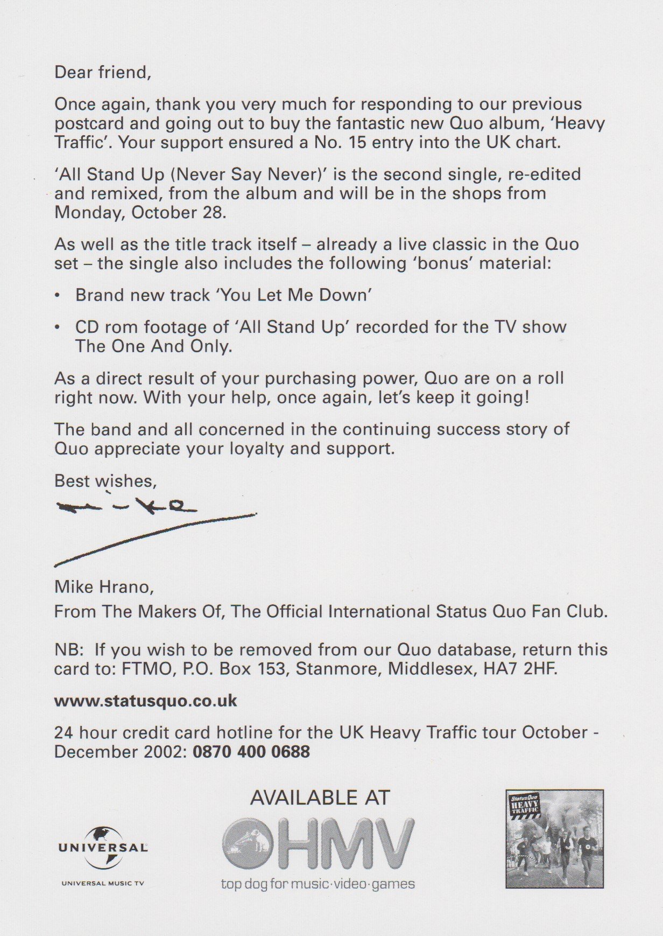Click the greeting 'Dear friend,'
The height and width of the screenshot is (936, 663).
pyautogui.click(x=103, y=72)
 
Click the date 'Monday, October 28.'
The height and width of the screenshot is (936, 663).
pyautogui.click(x=140, y=212)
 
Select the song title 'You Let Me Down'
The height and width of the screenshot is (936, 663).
pyautogui.click(x=294, y=295)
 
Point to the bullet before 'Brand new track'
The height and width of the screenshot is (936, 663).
pyautogui.click(x=58, y=296)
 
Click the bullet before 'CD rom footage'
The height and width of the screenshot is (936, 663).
pyautogui.click(x=58, y=327)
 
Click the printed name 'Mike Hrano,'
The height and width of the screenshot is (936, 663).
pyautogui.click(x=104, y=586)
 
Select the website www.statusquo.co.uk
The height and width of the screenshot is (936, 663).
pyautogui.click(x=145, y=701)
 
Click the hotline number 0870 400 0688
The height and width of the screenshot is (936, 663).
pyautogui.click(x=251, y=751)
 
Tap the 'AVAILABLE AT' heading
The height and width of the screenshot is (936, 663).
pyautogui.click(x=320, y=798)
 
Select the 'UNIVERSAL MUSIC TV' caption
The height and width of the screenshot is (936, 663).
pyautogui.click(x=102, y=883)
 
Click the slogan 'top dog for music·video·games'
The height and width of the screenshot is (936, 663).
pyautogui.click(x=318, y=884)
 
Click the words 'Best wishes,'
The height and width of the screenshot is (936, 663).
pyautogui.click(x=105, y=480)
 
